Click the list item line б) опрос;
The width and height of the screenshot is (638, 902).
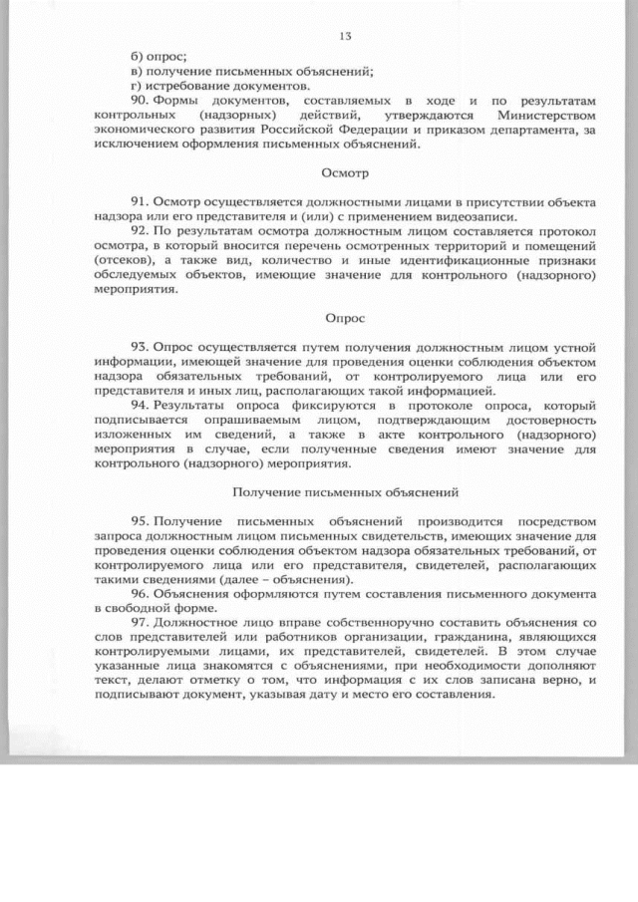coord(159,57)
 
